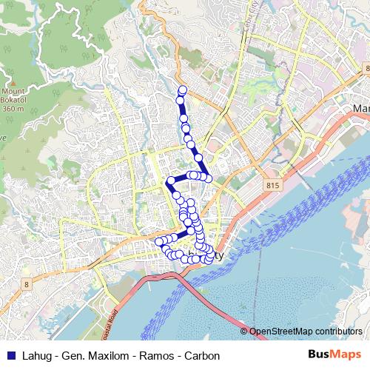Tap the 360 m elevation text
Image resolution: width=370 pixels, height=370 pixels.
pos(13,109)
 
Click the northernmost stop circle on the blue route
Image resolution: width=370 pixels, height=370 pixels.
pos(182,90)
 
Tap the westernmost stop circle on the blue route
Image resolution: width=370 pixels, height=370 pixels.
pos(158,241)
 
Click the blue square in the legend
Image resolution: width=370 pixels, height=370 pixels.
pos(10,356)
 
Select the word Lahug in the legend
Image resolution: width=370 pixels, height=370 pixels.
pos(34,356)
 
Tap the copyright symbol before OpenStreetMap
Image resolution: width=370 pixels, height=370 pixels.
pos(243,331)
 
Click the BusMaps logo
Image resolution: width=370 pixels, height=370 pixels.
pos(334,355)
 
